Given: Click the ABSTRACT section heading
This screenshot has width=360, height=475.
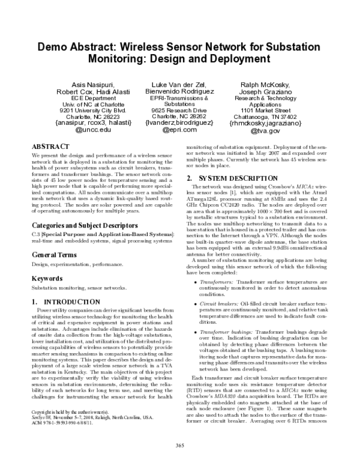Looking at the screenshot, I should tap(49, 146).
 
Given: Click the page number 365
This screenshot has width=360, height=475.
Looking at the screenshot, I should tap(179, 461).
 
